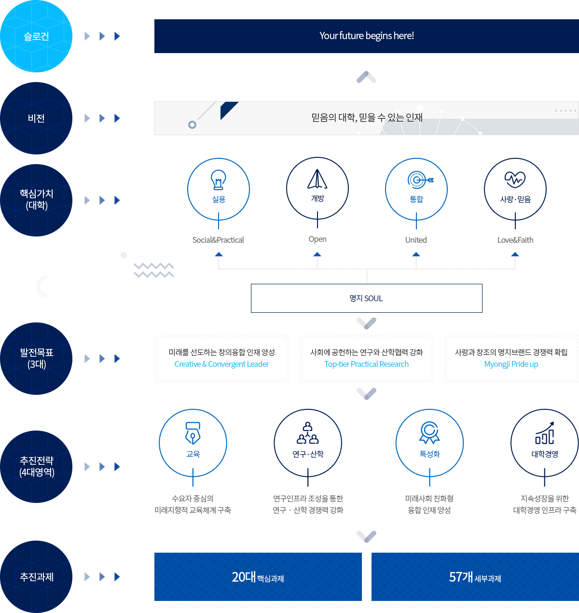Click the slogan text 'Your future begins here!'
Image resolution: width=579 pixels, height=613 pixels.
click(366, 36)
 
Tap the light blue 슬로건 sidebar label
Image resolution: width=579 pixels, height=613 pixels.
click(36, 37)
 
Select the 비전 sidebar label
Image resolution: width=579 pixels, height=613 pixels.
click(36, 118)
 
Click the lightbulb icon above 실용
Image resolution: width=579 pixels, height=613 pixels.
click(219, 180)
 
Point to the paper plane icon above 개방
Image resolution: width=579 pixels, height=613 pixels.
click(317, 179)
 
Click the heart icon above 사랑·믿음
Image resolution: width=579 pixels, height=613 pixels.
click(515, 179)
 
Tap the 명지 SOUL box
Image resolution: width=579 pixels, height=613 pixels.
click(366, 298)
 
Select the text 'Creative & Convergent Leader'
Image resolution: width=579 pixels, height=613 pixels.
click(221, 364)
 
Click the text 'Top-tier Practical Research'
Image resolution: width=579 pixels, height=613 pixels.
click(366, 364)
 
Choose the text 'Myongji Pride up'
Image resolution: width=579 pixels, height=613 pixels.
click(511, 364)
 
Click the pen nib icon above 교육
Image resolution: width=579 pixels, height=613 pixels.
click(193, 433)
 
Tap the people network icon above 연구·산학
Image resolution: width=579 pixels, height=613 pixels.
click(308, 433)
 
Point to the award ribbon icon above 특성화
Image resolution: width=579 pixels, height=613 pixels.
click(429, 433)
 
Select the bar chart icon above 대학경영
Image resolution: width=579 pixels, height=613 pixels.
click(545, 433)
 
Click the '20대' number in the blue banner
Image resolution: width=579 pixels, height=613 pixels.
click(244, 577)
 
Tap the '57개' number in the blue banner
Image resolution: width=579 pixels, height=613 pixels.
click(461, 577)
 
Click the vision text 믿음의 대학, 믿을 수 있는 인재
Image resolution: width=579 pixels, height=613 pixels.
click(367, 117)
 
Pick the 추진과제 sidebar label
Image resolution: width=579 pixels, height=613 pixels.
click(36, 577)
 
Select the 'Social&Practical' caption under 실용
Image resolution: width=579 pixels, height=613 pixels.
click(219, 240)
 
